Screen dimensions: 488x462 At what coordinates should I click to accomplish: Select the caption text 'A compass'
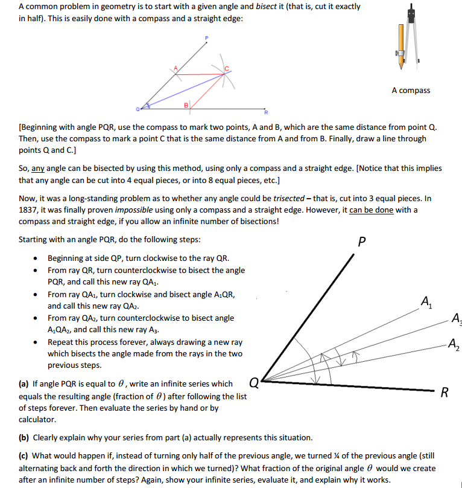411,91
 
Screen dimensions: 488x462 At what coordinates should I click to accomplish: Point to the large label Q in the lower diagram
254,382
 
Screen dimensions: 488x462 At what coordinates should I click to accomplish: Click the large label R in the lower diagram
445,394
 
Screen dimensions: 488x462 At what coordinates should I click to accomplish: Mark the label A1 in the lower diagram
426,300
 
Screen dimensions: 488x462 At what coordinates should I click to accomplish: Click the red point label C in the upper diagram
227,68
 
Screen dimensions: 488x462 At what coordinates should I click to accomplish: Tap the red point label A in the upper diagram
176,68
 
